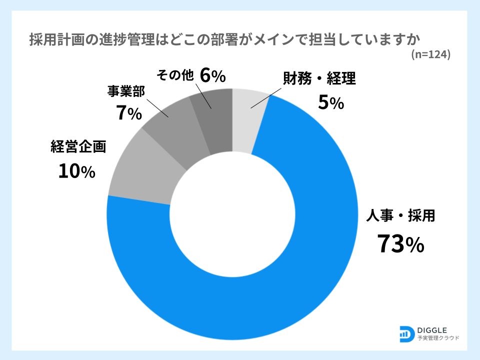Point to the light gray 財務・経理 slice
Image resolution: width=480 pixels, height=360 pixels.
click(247, 112)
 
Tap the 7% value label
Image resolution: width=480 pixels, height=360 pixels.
click(128, 113)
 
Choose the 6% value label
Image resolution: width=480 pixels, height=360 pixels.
click(212, 75)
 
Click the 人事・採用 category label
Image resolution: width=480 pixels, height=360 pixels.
click(400, 216)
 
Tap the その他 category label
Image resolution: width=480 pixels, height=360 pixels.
click(175, 75)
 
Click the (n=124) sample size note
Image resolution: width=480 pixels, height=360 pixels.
click(430, 54)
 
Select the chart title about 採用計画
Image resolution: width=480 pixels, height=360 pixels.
click(225, 39)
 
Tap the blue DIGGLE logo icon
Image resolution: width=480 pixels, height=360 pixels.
click(406, 333)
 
